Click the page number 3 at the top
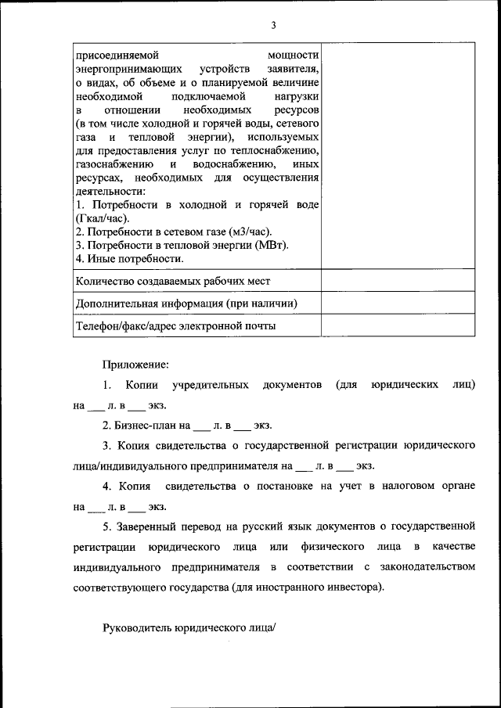pos(274,25)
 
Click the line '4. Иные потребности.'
pos(130,258)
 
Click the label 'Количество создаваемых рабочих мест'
pos(173,281)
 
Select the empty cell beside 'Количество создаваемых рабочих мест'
pos(397,281)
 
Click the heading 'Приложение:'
pos(135,364)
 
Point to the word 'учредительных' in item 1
pos(211,385)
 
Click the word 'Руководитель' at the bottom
pos(137,627)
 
